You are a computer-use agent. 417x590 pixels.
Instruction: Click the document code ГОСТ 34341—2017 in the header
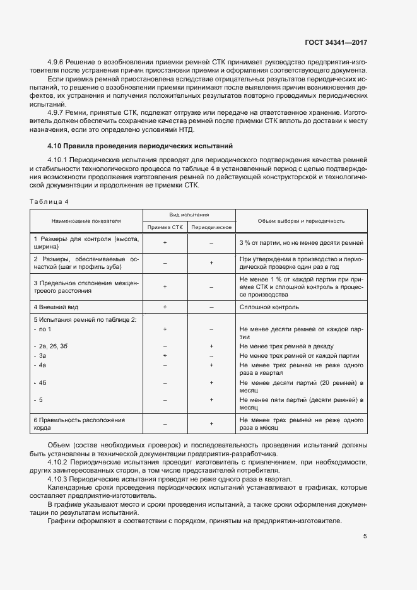[x=336, y=42]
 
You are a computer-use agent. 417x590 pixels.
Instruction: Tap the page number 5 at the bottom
[x=365, y=536]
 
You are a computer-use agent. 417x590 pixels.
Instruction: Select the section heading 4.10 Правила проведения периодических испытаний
[x=140, y=145]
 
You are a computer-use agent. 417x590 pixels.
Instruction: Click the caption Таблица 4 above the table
[x=49, y=201]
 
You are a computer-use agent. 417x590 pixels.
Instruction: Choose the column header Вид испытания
[x=189, y=215]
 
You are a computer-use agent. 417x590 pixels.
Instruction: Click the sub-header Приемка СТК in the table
[x=165, y=227]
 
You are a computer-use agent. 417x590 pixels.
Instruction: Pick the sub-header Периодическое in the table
[x=212, y=227]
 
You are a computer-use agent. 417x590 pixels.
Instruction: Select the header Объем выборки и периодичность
[x=300, y=221]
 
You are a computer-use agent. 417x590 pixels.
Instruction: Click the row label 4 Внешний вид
[x=56, y=307]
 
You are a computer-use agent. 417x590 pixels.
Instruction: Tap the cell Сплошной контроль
[x=269, y=307]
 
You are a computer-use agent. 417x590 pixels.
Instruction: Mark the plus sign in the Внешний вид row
[x=165, y=307]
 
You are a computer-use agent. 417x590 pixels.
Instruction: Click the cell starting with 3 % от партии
[x=301, y=242]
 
